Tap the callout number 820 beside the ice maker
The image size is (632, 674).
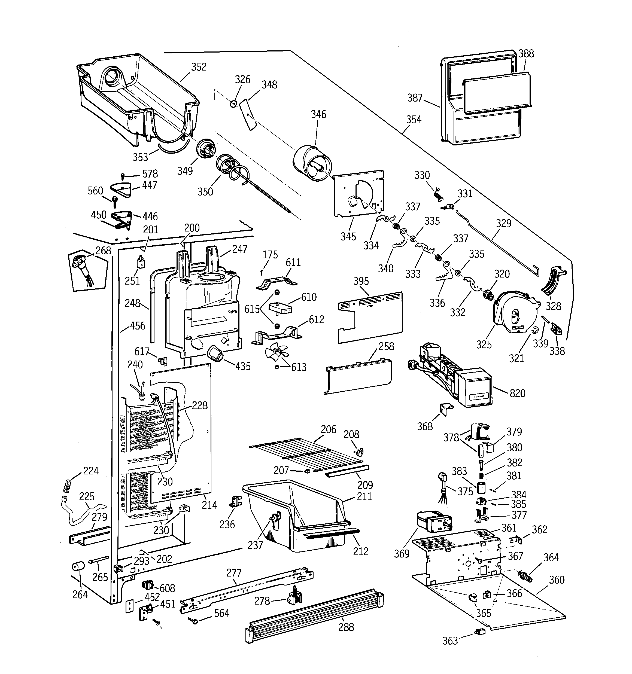click(x=517, y=393)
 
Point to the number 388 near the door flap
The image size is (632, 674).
click(x=526, y=54)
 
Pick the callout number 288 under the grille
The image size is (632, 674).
click(x=346, y=627)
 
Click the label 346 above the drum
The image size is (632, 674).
click(x=318, y=115)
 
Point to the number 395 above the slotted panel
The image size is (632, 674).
click(x=361, y=281)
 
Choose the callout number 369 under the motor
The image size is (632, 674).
click(x=401, y=554)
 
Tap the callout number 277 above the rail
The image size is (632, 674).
click(x=234, y=573)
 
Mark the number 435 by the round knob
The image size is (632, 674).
click(x=243, y=366)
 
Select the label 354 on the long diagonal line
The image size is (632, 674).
click(x=414, y=120)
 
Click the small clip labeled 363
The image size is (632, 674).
click(x=480, y=631)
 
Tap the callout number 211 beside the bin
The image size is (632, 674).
click(x=364, y=497)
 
